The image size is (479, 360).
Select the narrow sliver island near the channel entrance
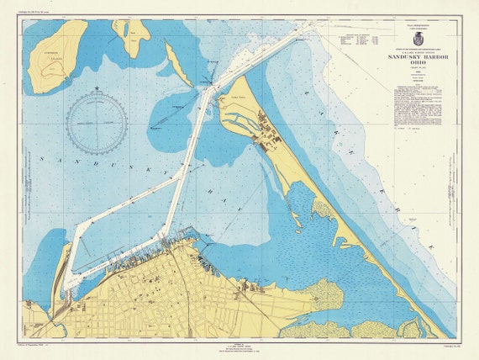(177, 65)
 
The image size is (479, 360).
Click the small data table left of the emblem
(359, 39)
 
